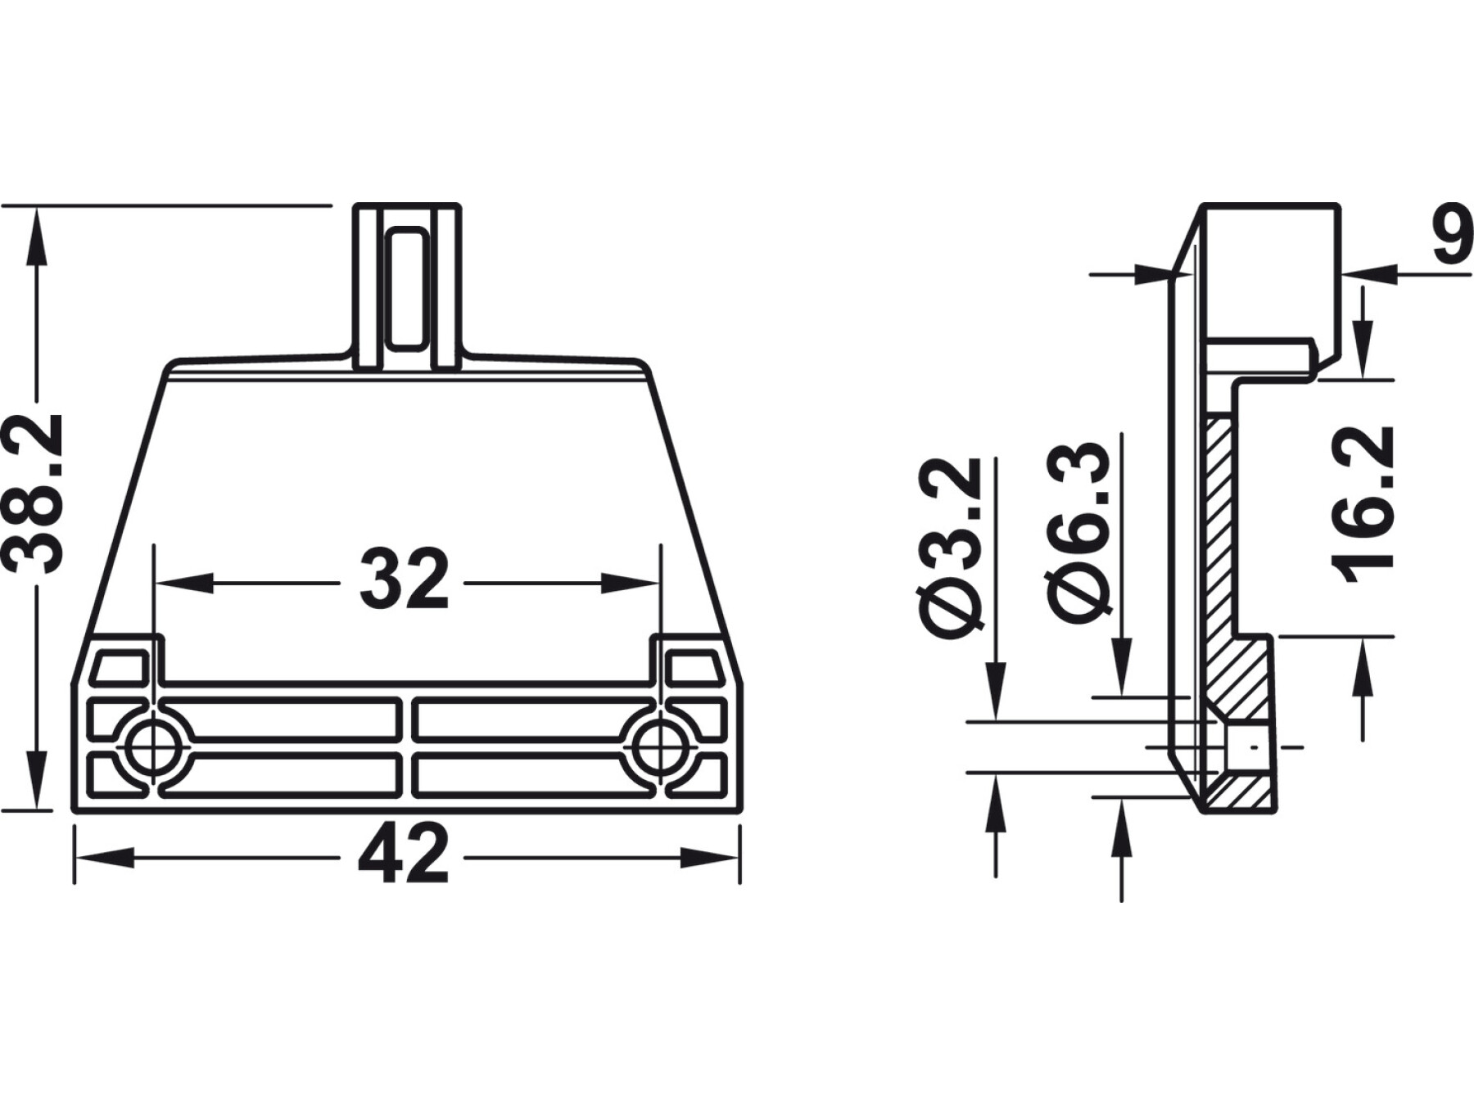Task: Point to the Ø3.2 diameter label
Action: coord(950,548)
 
